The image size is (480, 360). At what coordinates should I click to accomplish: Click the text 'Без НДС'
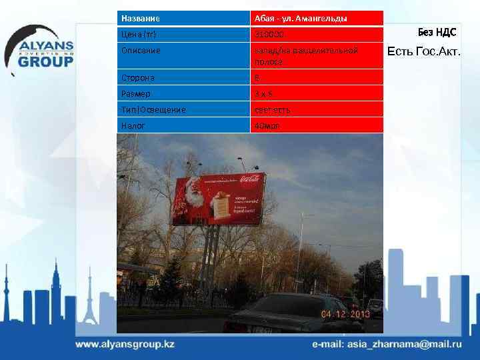pos(437,32)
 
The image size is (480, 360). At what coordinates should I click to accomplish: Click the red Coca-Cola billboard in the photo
pos(218,201)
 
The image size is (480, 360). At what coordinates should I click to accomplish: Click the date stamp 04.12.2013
pos(346,313)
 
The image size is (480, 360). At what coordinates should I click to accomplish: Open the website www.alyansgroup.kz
pos(125,345)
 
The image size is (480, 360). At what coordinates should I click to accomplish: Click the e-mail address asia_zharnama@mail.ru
pos(387,345)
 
